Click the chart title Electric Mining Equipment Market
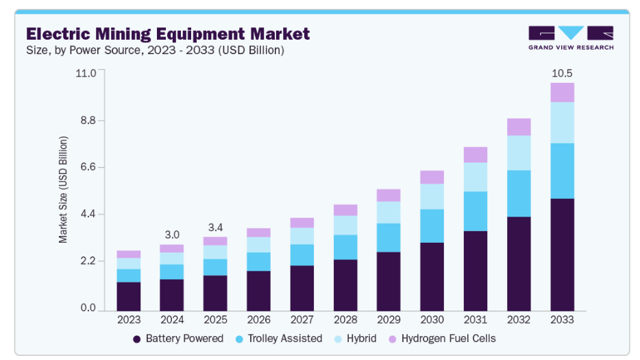point(168,34)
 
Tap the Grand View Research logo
point(570,38)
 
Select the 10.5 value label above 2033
point(562,73)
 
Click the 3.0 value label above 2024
point(172,235)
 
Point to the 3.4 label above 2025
point(215,227)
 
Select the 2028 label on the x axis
point(345,320)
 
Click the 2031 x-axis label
point(476,320)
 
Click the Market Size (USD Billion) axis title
point(63,190)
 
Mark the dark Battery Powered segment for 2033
point(562,254)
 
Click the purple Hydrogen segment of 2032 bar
point(519,127)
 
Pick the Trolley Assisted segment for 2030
point(432,226)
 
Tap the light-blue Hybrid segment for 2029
point(389,212)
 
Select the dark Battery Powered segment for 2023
point(129,296)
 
